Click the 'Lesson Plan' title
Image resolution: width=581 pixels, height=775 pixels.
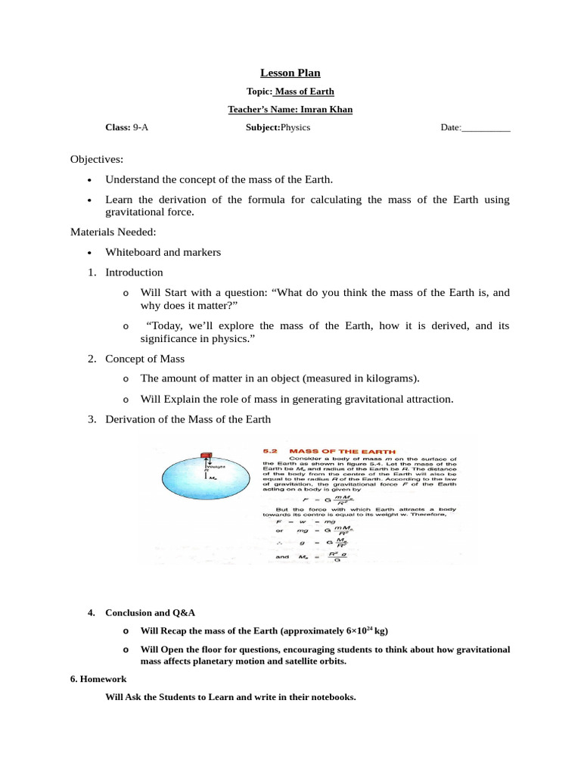pos(290,73)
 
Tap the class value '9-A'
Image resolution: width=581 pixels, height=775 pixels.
pos(141,128)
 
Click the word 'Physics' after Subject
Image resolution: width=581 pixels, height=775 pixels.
pos(296,128)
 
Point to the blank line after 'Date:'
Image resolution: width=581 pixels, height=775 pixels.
pos(486,129)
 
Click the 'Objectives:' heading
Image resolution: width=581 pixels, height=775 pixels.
pos(97,160)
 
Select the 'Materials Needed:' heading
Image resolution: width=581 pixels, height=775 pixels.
pos(113,232)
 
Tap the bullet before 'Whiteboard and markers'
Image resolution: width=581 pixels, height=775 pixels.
pos(89,253)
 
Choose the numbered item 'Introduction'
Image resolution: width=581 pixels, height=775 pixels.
pos(134,272)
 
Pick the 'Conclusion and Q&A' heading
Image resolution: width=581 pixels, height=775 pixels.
pos(154,612)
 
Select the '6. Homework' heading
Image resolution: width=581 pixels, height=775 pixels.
pos(98,679)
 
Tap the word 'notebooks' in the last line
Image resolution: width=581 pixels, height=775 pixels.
pos(330,697)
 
